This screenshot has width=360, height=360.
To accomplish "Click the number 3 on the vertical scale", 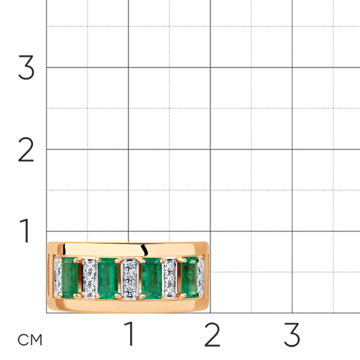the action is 26,68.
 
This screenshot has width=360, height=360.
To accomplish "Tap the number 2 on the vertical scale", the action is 26,149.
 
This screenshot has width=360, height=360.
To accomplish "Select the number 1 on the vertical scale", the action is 25,230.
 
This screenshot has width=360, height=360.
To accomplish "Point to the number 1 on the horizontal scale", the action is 129,334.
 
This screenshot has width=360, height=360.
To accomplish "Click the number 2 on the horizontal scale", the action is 212,334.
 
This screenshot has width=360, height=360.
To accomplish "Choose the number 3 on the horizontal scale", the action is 292,334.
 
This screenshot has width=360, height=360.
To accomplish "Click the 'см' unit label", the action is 30,340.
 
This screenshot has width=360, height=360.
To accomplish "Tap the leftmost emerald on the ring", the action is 70,278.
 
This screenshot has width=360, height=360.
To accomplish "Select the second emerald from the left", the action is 108,279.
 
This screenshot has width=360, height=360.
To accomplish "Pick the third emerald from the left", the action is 152,278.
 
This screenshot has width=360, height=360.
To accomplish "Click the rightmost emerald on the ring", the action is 189,277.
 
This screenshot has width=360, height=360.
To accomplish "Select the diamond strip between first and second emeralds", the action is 90,279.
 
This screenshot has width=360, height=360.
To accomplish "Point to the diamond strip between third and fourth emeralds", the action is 170,278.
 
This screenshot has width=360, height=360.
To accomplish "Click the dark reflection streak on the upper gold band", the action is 144,250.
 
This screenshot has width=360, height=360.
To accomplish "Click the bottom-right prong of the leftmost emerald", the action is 77,296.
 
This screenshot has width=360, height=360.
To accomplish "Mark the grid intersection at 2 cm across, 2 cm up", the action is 210,149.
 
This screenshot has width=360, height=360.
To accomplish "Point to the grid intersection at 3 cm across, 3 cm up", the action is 292,68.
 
